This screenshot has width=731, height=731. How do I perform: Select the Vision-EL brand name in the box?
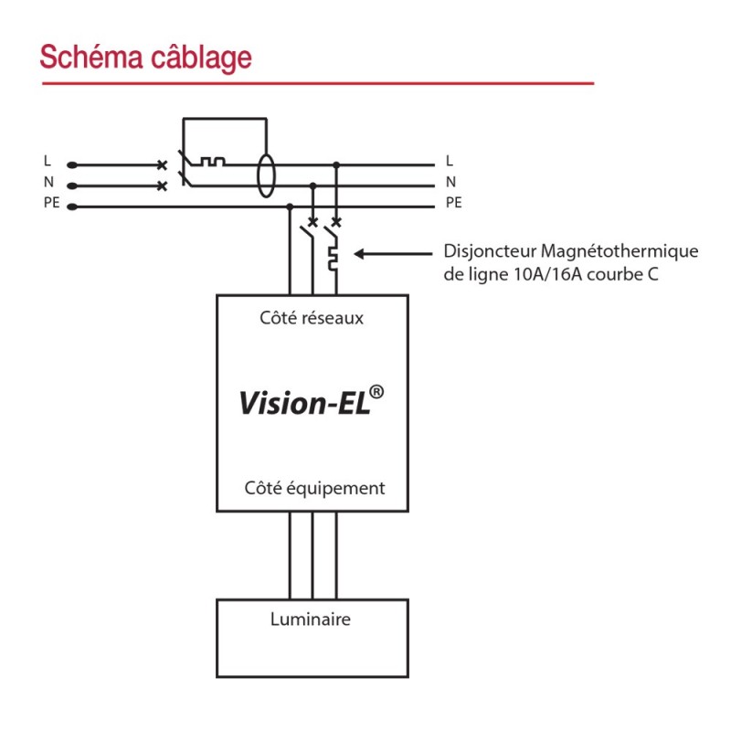pyautogui.click(x=304, y=403)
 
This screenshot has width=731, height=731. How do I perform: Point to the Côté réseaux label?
pyautogui.click(x=312, y=318)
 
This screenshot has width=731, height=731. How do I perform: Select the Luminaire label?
pyautogui.click(x=311, y=620)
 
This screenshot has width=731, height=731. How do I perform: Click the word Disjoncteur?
pyautogui.click(x=489, y=251)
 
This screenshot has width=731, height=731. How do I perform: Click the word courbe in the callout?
pyautogui.click(x=617, y=273)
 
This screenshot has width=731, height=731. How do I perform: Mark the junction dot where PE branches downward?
pyautogui.click(x=291, y=207)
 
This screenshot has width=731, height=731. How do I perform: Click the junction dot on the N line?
pyautogui.click(x=314, y=185)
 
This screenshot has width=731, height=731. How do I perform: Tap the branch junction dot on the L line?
pyautogui.click(x=337, y=165)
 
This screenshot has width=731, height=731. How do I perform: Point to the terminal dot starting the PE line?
pyautogui.click(x=71, y=207)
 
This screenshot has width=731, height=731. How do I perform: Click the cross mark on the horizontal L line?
pyautogui.click(x=163, y=165)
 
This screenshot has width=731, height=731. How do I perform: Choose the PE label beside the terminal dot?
pyautogui.click(x=51, y=203)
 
